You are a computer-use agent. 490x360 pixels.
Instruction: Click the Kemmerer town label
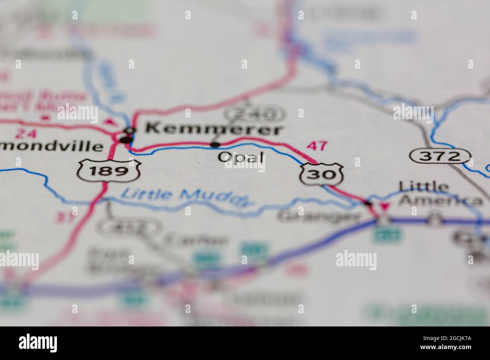point(214,129)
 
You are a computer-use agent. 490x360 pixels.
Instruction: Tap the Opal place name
point(241,157)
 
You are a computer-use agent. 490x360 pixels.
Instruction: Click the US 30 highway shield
point(322,174)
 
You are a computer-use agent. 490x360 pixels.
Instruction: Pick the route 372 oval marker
point(440,156)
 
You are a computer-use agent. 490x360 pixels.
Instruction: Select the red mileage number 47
point(317,146)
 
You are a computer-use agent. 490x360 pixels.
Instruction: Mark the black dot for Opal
point(216,144)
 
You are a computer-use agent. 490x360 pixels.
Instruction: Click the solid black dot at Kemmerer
point(126,140)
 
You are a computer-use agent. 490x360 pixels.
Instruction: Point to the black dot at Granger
point(368,204)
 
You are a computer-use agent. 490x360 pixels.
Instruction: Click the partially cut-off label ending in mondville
point(51,146)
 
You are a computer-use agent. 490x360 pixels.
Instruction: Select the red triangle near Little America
point(384,207)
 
